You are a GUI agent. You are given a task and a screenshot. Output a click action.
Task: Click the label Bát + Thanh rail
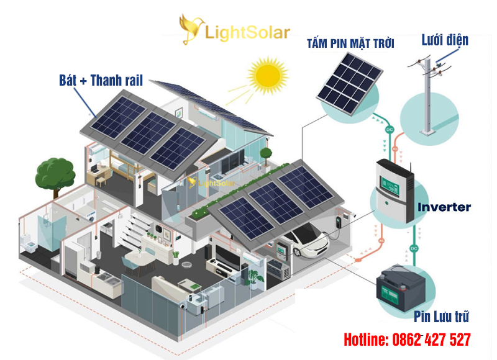(x=101, y=80)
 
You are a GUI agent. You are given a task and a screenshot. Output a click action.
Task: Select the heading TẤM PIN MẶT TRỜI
(x=350, y=43)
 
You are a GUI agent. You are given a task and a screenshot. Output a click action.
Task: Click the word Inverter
(x=444, y=207)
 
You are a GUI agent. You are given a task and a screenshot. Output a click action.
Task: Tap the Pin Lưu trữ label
(x=441, y=317)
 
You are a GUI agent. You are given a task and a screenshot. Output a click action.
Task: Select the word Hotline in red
(x=365, y=340)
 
